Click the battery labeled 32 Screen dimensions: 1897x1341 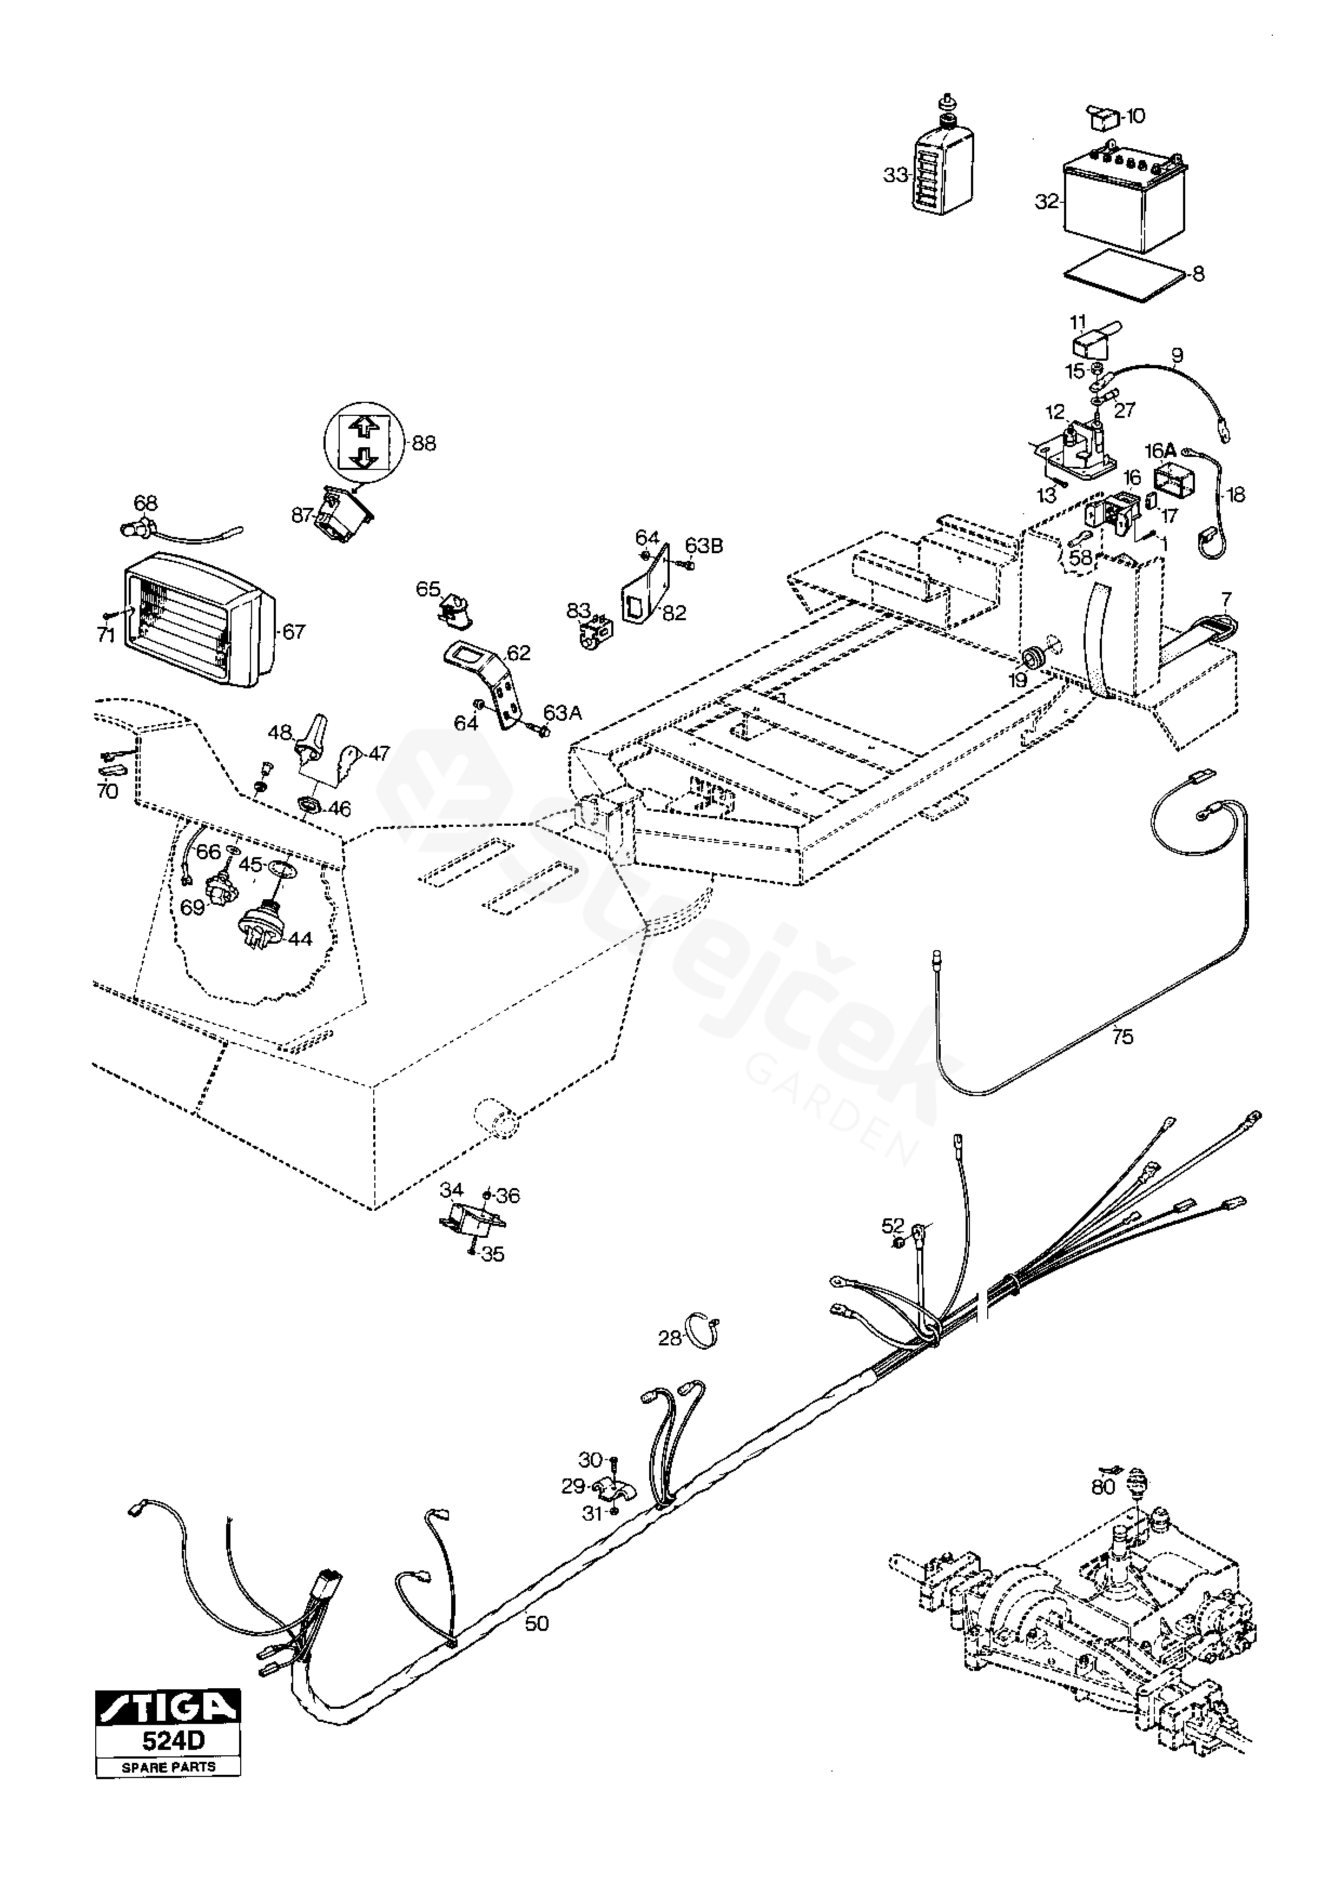point(1124,202)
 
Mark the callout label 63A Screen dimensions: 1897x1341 point(563,712)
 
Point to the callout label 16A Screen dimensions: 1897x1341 point(1159,450)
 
